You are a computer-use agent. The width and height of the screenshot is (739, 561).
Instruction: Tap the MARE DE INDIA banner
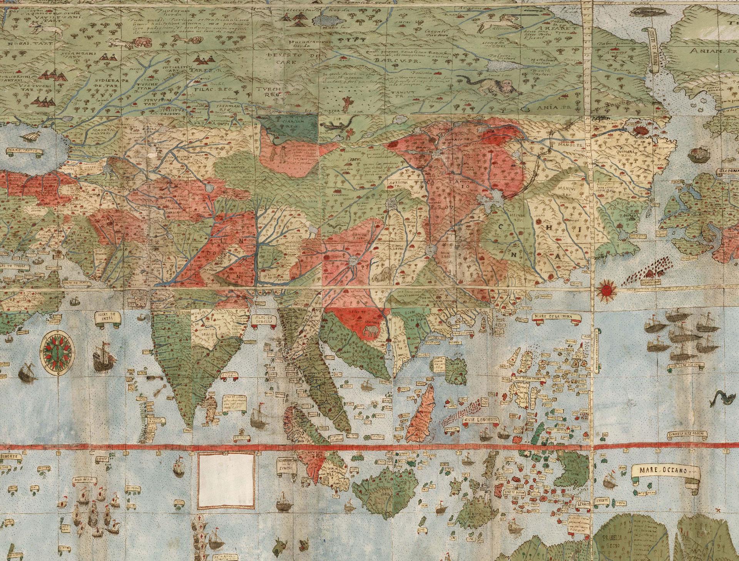pyautogui.click(x=107, y=318)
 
